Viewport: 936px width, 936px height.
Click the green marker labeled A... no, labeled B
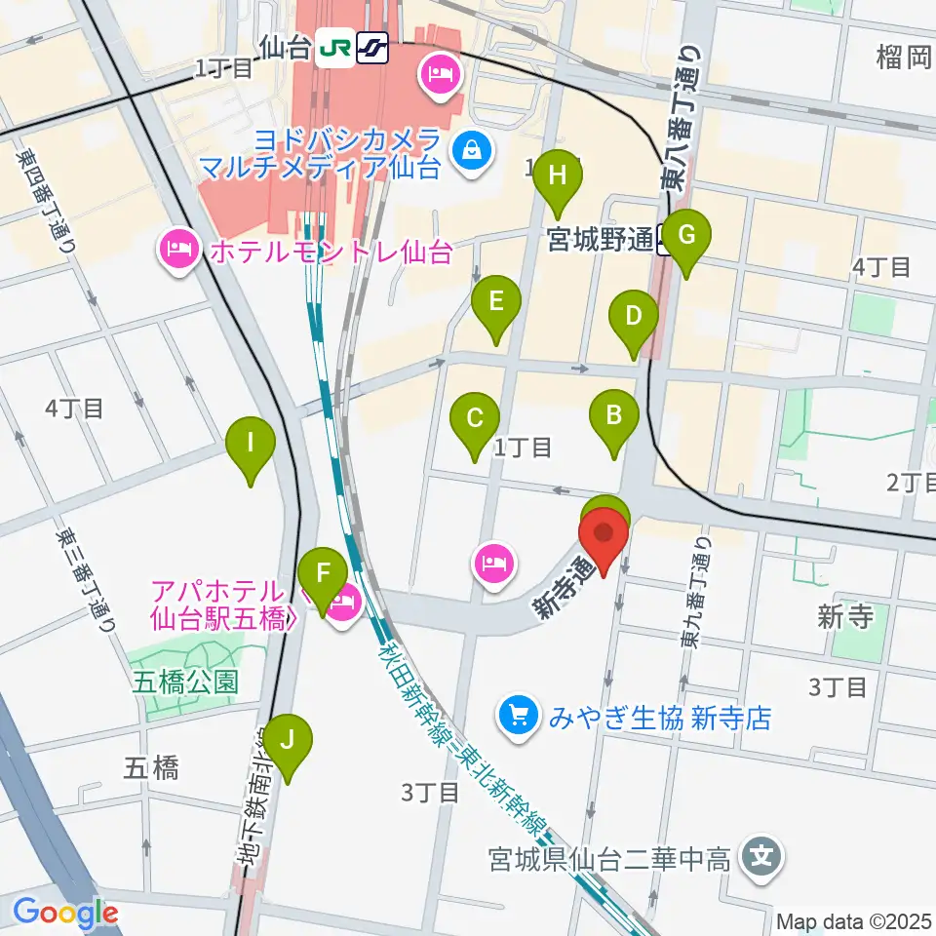pyautogui.click(x=614, y=416)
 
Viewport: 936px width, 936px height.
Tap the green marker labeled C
pyautogui.click(x=475, y=419)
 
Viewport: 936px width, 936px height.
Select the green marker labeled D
pyautogui.click(x=634, y=316)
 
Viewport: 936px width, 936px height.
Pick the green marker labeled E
pyautogui.click(x=496, y=300)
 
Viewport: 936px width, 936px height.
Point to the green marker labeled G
pyautogui.click(x=686, y=236)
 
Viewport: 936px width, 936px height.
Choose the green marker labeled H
pyautogui.click(x=558, y=176)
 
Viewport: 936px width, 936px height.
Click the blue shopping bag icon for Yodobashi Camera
pyautogui.click(x=473, y=151)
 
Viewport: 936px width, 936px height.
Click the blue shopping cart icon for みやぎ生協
pyautogui.click(x=519, y=718)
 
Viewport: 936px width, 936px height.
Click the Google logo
pyautogui.click(x=66, y=914)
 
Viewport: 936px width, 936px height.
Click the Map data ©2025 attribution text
pyautogui.click(x=854, y=921)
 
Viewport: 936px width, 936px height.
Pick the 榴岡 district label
pyautogui.click(x=905, y=58)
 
